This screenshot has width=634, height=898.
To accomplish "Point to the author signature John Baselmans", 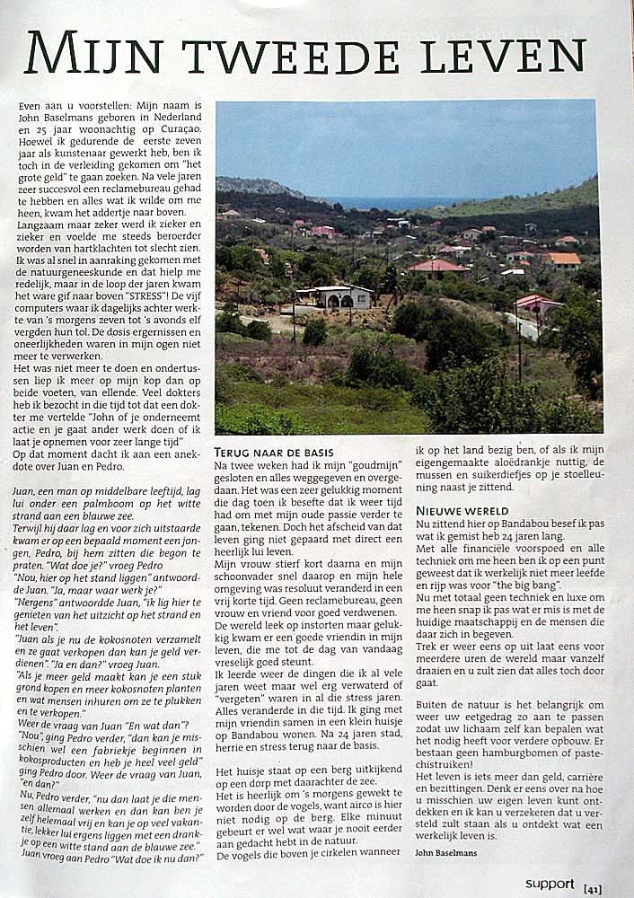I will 446,852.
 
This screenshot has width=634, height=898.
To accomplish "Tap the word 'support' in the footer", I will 549,884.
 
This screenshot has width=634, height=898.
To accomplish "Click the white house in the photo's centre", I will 335,298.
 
